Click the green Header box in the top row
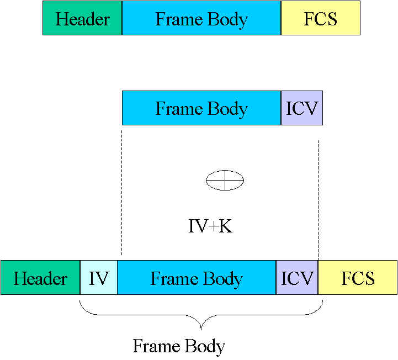[82, 19]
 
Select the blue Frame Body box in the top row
[201, 19]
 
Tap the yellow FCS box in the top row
[320, 19]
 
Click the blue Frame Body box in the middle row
[201, 108]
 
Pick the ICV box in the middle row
[302, 108]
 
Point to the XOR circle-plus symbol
[225, 180]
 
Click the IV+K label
[210, 226]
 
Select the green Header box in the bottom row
[40, 278]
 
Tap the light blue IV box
[99, 278]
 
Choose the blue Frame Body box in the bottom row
[197, 278]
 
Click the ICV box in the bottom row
[297, 278]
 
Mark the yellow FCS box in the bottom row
[358, 278]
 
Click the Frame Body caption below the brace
[179, 346]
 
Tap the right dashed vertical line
[319, 199]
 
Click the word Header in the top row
[82, 19]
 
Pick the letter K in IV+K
[225, 226]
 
